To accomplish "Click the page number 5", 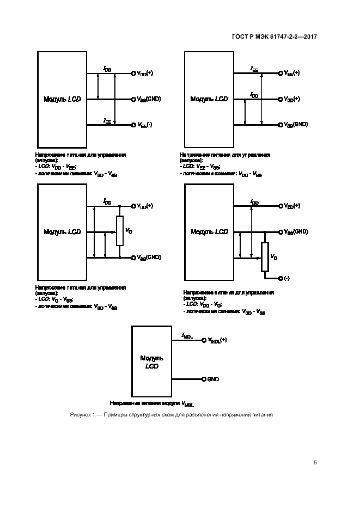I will click(315, 463).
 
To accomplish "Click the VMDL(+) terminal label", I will click(217, 340).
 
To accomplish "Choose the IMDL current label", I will click(187, 336).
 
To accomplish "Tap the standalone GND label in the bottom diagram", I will click(213, 379).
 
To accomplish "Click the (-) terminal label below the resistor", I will click(287, 278).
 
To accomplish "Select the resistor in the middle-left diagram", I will click(120, 231).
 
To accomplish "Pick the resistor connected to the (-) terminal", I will click(265, 256).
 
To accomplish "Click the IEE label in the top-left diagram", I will click(107, 121).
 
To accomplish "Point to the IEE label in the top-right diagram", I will click(254, 69).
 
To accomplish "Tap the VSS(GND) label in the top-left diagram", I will click(149, 99).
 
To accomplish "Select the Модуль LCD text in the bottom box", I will click(152, 362).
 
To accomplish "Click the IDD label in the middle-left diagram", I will click(107, 202).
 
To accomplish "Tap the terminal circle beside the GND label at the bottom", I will click(203, 379).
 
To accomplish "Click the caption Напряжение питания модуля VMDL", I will click(151, 404).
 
